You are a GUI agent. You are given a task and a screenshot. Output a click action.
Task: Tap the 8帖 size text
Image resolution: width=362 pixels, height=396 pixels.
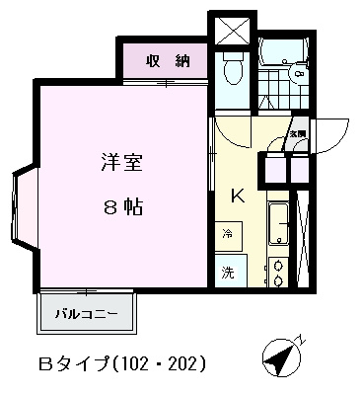coord(121,206)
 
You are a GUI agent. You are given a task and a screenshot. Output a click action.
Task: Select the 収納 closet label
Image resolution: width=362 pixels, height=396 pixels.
coord(166,62)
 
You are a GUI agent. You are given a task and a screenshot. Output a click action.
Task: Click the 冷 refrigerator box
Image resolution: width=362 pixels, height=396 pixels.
coord(228,235)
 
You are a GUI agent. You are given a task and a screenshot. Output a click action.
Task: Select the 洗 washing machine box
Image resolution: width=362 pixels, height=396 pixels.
coord(228,271)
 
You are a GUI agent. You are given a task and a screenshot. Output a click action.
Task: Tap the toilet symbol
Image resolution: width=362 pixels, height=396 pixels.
coord(233,69)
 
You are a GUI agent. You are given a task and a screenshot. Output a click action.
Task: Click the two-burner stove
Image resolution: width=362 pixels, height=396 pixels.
coord(278,271)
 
